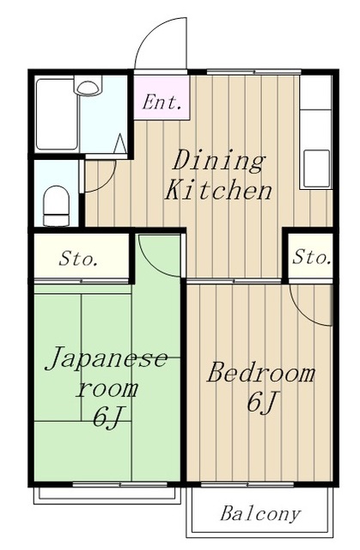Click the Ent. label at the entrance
point(162,102)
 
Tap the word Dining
point(218,162)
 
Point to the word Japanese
point(107,358)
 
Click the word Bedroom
point(261,372)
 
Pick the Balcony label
point(260,514)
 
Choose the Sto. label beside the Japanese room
point(77,259)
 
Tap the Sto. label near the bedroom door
point(311,257)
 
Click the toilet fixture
point(56,206)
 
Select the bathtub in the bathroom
point(57,114)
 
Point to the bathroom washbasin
point(88,87)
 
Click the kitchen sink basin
point(316,168)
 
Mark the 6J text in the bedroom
point(262,401)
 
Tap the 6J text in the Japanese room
point(107,418)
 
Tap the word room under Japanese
point(107,388)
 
